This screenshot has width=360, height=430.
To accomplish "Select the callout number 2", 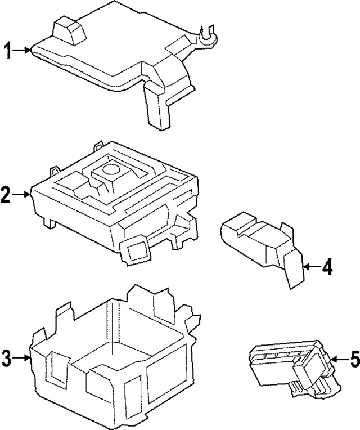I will pos(6,195).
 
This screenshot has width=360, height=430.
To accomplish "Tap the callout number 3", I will pos(6,357).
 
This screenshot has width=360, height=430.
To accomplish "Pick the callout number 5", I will pos(354,359).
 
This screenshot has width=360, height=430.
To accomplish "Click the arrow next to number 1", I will pos(23,51).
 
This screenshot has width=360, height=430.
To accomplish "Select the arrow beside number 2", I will pos(22,195).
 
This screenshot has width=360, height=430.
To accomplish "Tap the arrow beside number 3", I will pos(22,357).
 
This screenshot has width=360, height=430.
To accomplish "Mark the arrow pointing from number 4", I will pos(311,266).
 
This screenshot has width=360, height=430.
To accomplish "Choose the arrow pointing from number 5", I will pos(337,359).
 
